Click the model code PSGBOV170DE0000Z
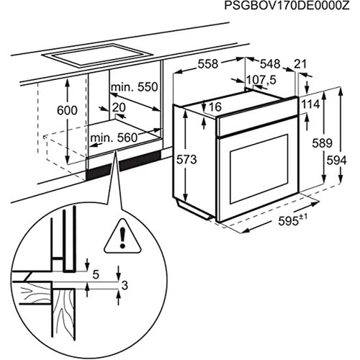point(287,5)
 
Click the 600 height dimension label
point(67,110)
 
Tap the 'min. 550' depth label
point(134,87)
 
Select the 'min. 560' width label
point(114,138)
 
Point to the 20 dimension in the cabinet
point(119,107)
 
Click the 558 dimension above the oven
point(208,64)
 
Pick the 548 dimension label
point(271,64)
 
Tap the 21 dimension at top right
point(300,64)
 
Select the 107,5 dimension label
point(261,80)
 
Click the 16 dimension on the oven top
point(215,107)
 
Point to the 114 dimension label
point(310,104)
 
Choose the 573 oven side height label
point(186,160)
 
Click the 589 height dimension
point(322,143)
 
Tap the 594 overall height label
point(336,161)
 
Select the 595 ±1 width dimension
point(293,220)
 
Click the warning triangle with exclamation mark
point(122,236)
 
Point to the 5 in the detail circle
point(96,275)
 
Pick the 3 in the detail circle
point(125,286)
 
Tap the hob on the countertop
point(97,56)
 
